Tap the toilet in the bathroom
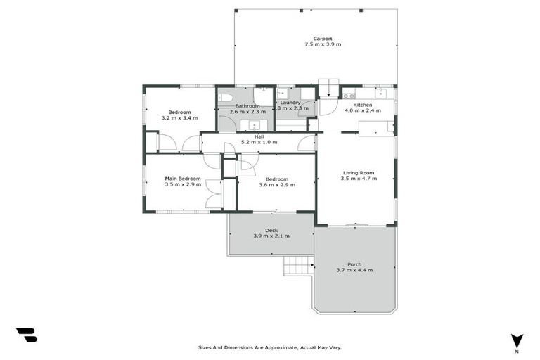click(x=226, y=98)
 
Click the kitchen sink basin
click(x=380, y=93)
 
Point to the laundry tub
click(x=282, y=94)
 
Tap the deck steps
click(x=297, y=265)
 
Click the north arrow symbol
click(x=517, y=340)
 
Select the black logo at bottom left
click(x=26, y=335)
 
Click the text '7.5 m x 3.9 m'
click(x=323, y=45)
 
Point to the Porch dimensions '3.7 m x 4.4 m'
click(x=354, y=271)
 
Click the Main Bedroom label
click(x=183, y=179)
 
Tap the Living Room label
click(x=359, y=172)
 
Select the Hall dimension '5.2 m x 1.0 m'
click(x=259, y=143)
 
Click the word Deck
click(x=271, y=230)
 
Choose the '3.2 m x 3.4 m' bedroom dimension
click(x=179, y=118)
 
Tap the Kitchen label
click(x=363, y=105)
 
